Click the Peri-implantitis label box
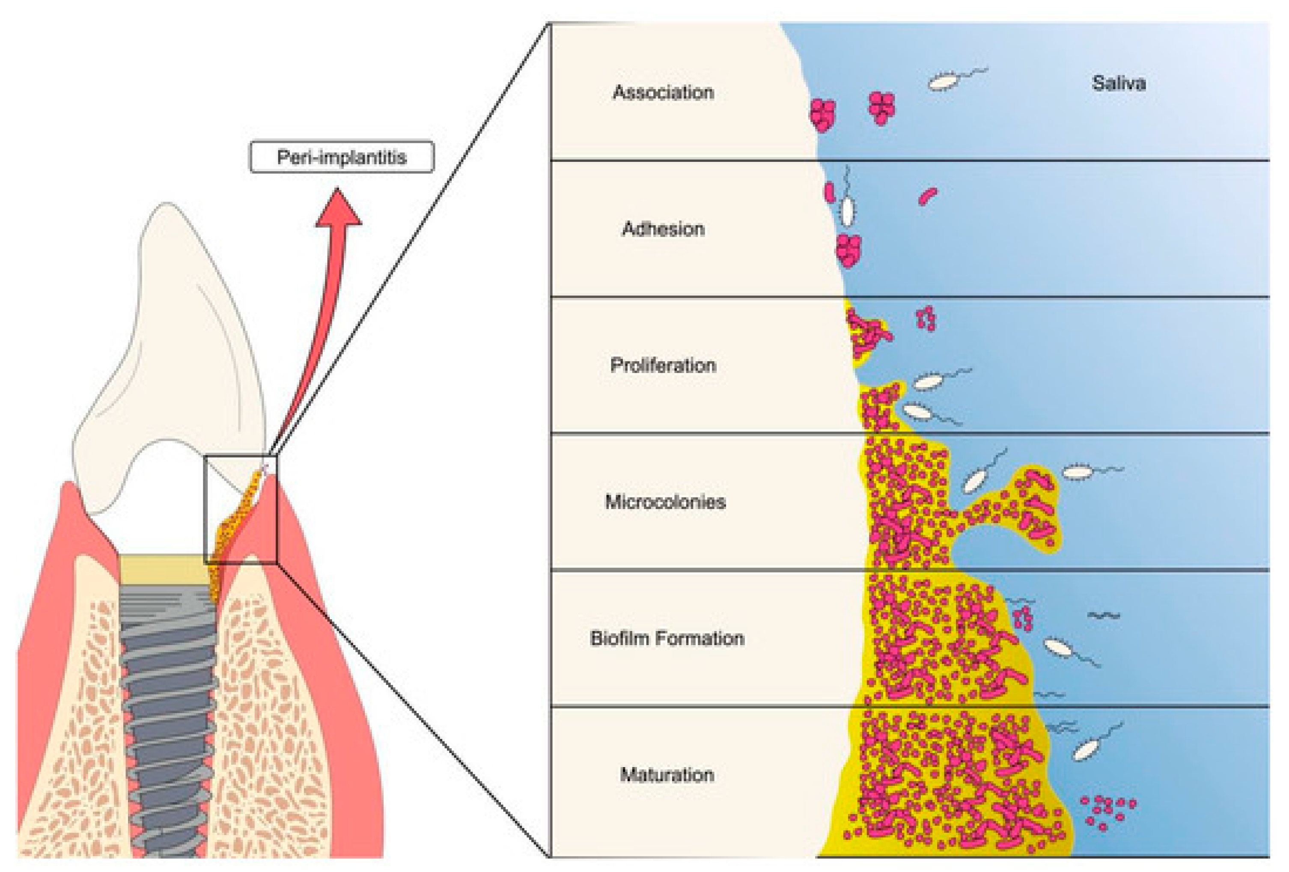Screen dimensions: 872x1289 click(x=342, y=157)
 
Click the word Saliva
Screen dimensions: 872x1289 click(x=1118, y=83)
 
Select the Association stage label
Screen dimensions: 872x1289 click(x=663, y=92)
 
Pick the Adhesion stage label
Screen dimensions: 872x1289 click(x=663, y=229)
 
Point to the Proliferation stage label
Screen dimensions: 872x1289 click(x=663, y=365)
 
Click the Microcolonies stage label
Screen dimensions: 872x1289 click(x=665, y=501)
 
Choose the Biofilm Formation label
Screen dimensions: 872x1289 click(x=667, y=638)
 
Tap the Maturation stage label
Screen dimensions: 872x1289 click(x=667, y=774)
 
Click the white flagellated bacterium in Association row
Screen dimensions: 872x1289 click(x=944, y=81)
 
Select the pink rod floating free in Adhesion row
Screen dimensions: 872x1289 click(x=927, y=196)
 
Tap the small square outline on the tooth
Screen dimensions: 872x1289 click(x=240, y=509)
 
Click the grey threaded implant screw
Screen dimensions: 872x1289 click(x=168, y=721)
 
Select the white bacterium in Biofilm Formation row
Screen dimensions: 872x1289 click(x=1059, y=647)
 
